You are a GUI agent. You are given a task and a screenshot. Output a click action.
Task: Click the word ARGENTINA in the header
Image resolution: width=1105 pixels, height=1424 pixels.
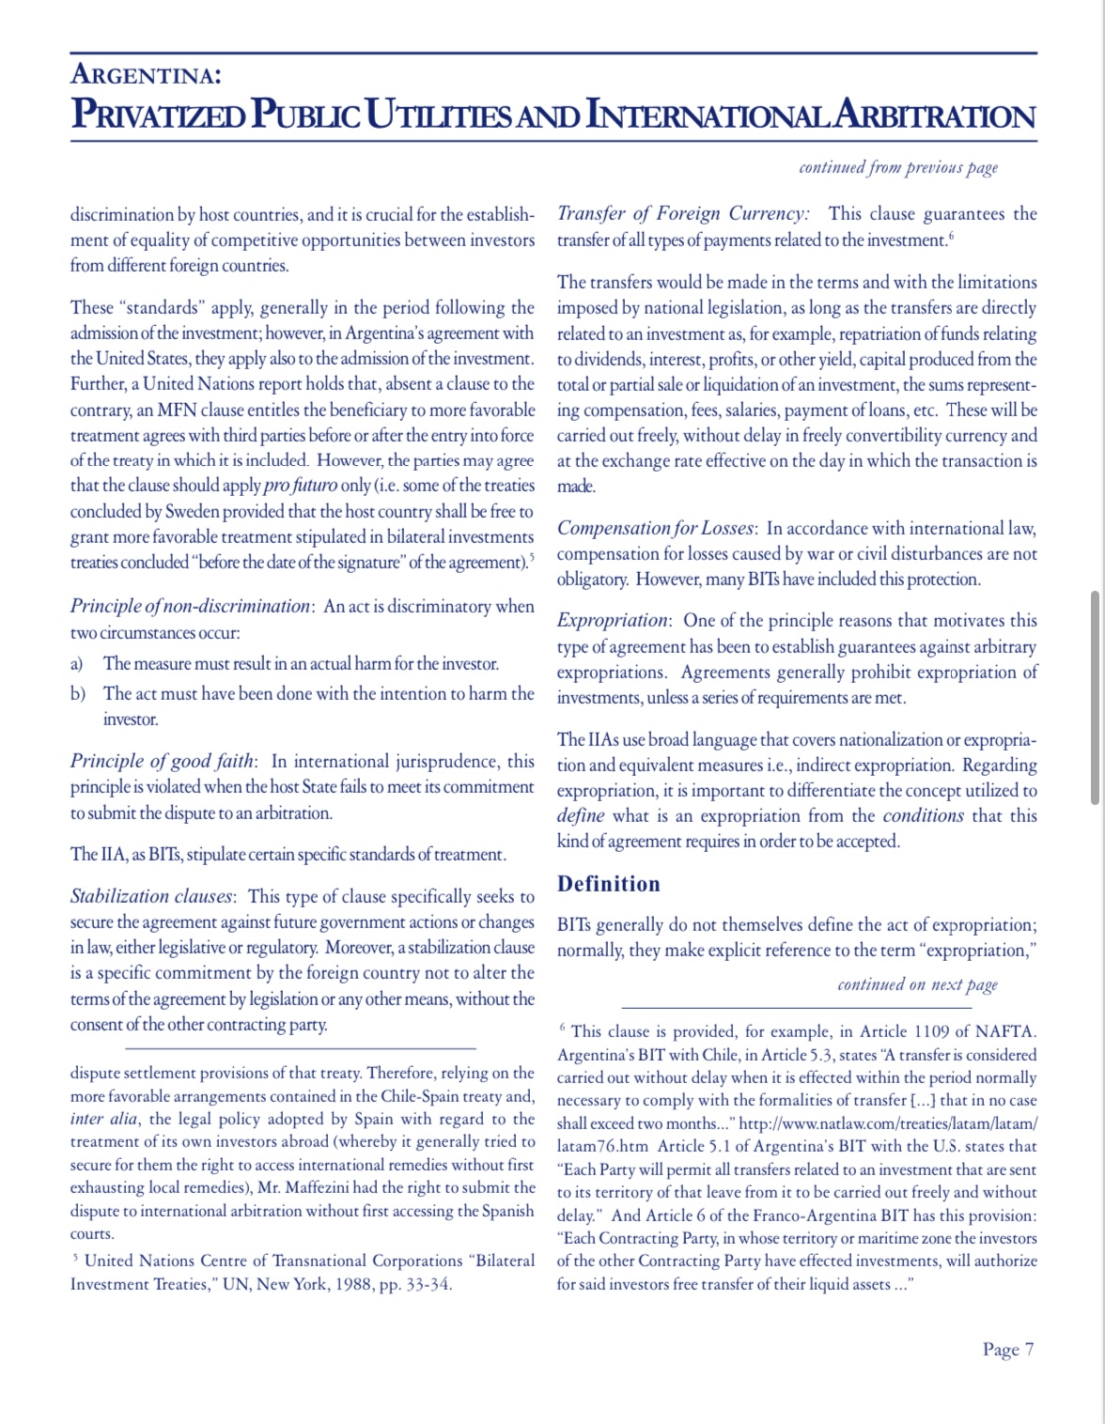pyautogui.click(x=146, y=74)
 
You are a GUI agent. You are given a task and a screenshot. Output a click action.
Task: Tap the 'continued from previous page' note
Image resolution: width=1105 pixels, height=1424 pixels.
pyautogui.click(x=897, y=168)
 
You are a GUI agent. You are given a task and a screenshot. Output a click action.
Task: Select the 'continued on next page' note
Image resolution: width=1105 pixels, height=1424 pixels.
pyautogui.click(x=917, y=984)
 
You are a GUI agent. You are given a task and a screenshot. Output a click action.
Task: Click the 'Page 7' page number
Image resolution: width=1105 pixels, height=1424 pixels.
pyautogui.click(x=1007, y=1350)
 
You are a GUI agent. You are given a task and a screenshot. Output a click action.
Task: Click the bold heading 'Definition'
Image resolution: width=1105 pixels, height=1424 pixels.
pyautogui.click(x=609, y=884)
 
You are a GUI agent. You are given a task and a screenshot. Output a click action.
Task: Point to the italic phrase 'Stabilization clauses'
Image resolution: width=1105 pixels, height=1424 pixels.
pyautogui.click(x=152, y=896)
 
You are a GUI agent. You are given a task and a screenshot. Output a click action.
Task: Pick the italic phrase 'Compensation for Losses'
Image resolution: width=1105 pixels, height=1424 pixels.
pyautogui.click(x=656, y=528)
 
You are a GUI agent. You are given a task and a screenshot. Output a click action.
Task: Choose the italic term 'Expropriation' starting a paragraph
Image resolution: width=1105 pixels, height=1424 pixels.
pyautogui.click(x=612, y=621)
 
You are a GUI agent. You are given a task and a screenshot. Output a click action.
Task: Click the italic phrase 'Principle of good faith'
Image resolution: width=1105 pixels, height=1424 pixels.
pyautogui.click(x=162, y=761)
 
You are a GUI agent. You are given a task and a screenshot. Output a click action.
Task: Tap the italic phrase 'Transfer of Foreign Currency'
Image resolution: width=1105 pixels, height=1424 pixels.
pyautogui.click(x=682, y=213)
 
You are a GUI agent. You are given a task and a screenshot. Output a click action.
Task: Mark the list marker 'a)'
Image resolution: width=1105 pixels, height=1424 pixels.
pyautogui.click(x=77, y=664)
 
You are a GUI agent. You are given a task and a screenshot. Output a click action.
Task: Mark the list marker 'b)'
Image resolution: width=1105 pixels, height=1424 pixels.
pyautogui.click(x=78, y=694)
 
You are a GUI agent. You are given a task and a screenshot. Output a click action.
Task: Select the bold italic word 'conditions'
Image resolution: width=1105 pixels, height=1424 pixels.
pyautogui.click(x=923, y=815)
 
